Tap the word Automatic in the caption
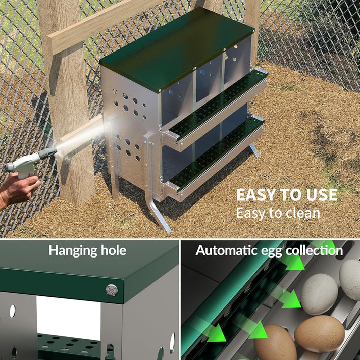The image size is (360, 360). pyautogui.click(x=225, y=250)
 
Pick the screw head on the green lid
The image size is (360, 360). pyautogui.click(x=112, y=290)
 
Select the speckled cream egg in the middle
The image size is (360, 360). pyautogui.click(x=319, y=293)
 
